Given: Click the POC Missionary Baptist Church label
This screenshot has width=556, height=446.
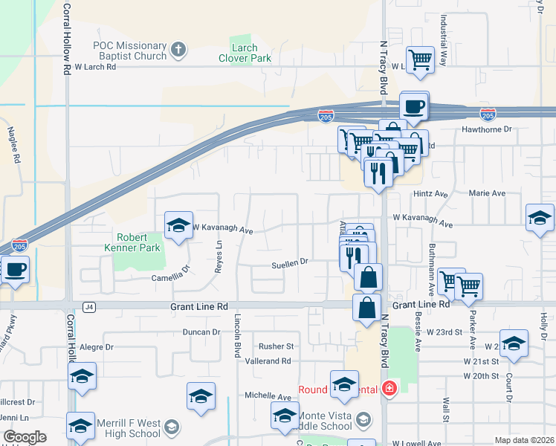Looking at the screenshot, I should [130, 50].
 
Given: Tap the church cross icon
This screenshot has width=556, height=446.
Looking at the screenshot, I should [177, 50].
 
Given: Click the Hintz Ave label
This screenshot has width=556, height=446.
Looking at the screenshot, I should [430, 194].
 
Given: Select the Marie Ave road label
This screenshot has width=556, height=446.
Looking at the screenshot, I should [487, 193].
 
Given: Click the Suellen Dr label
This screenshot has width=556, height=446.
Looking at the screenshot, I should [289, 262].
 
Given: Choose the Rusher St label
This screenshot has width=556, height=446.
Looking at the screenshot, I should [277, 346].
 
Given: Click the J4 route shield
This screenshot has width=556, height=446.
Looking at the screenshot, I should [90, 306].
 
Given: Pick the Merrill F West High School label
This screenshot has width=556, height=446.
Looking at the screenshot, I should [123, 428].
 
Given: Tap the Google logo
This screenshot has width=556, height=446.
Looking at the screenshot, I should [25, 437].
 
